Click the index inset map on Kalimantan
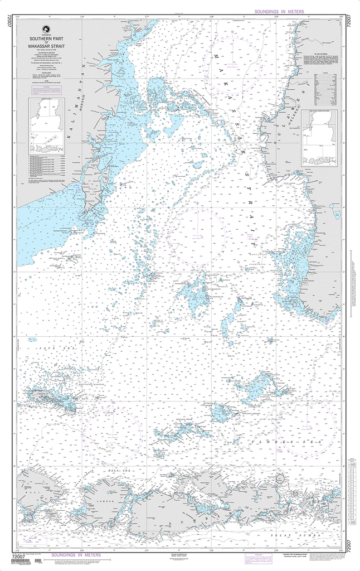click(47, 126)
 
